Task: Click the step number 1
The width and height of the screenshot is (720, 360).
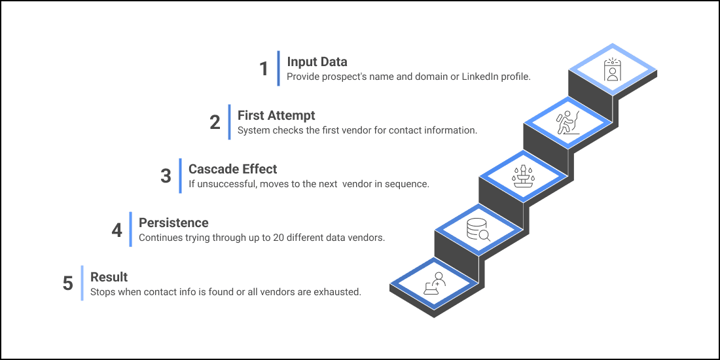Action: point(264,69)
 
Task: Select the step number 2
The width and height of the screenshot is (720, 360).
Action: point(215,122)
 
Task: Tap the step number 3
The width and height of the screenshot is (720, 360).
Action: point(166,176)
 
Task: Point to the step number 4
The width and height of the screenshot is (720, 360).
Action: point(117,230)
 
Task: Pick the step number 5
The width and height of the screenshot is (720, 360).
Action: point(68,284)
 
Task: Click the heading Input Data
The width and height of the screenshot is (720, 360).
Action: point(317,62)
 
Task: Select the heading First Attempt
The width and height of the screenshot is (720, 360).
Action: point(276,116)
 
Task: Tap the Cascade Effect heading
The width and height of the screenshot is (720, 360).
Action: point(232,169)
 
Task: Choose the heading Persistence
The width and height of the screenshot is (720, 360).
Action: point(173,223)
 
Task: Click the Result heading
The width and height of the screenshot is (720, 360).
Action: point(109,277)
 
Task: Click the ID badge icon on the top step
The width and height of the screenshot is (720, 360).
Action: point(612,69)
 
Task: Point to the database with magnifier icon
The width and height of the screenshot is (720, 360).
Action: point(478,230)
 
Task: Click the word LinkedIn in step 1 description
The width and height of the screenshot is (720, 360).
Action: point(483,77)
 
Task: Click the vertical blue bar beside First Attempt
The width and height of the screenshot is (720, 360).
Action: point(229,122)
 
